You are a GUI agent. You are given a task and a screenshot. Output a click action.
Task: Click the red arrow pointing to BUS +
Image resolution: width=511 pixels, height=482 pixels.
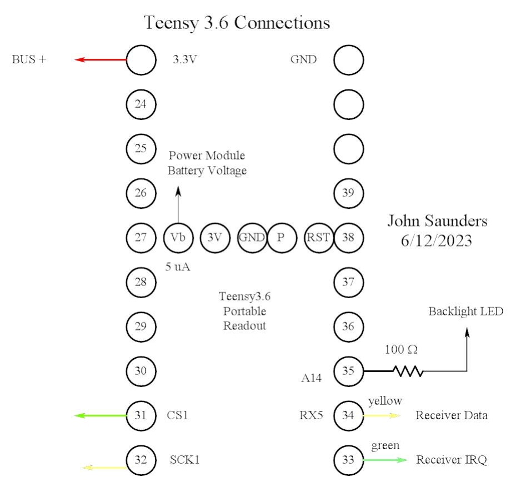tap(101, 59)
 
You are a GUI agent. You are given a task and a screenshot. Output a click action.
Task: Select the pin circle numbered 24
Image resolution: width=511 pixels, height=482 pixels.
tap(141, 104)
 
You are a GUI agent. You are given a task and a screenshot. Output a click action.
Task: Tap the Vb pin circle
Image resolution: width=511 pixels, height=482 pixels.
tap(178, 238)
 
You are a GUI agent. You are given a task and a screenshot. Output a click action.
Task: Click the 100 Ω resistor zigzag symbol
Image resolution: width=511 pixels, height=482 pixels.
tap(408, 370)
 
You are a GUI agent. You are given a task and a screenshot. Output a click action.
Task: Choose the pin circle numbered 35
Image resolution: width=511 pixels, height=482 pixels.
tap(348, 370)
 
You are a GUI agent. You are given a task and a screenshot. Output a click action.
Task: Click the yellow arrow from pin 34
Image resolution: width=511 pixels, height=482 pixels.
tap(381, 415)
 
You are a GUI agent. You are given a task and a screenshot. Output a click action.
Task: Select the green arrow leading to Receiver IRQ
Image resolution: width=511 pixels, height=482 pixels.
tap(385, 460)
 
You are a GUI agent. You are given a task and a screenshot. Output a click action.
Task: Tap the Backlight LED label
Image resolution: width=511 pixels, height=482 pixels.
tap(465, 312)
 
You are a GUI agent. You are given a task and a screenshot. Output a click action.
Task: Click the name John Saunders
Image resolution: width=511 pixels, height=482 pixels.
tap(437, 221)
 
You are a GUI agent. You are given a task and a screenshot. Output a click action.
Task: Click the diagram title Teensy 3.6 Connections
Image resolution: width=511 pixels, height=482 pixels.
tap(237, 23)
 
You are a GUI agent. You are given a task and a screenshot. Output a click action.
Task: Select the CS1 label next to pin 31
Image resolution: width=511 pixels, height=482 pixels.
tap(178, 415)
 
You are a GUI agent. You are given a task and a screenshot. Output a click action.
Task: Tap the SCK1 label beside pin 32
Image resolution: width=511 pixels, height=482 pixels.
tap(182, 460)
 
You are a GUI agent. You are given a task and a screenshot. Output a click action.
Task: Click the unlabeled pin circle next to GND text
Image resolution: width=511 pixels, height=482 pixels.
tap(348, 59)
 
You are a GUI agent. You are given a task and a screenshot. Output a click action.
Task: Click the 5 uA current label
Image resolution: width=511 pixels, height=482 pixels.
tap(178, 267)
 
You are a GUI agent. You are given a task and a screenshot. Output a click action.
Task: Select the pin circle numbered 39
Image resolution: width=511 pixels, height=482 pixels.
tap(348, 193)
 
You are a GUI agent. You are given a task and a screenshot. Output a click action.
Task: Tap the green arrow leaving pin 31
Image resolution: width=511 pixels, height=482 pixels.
tap(101, 415)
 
